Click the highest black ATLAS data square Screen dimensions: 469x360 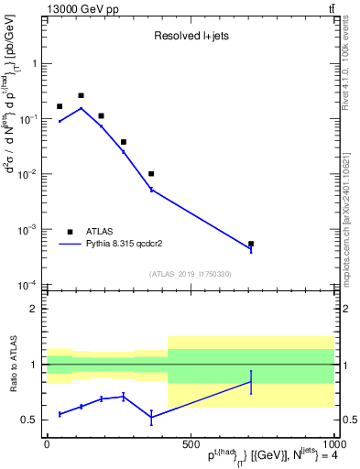(81, 95)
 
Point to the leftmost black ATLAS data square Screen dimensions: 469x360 (60, 106)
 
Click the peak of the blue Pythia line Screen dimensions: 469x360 (81, 108)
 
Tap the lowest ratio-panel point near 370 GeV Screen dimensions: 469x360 (151, 417)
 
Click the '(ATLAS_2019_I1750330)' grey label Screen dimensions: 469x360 (190, 274)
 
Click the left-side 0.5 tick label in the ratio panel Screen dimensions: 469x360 (29, 420)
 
